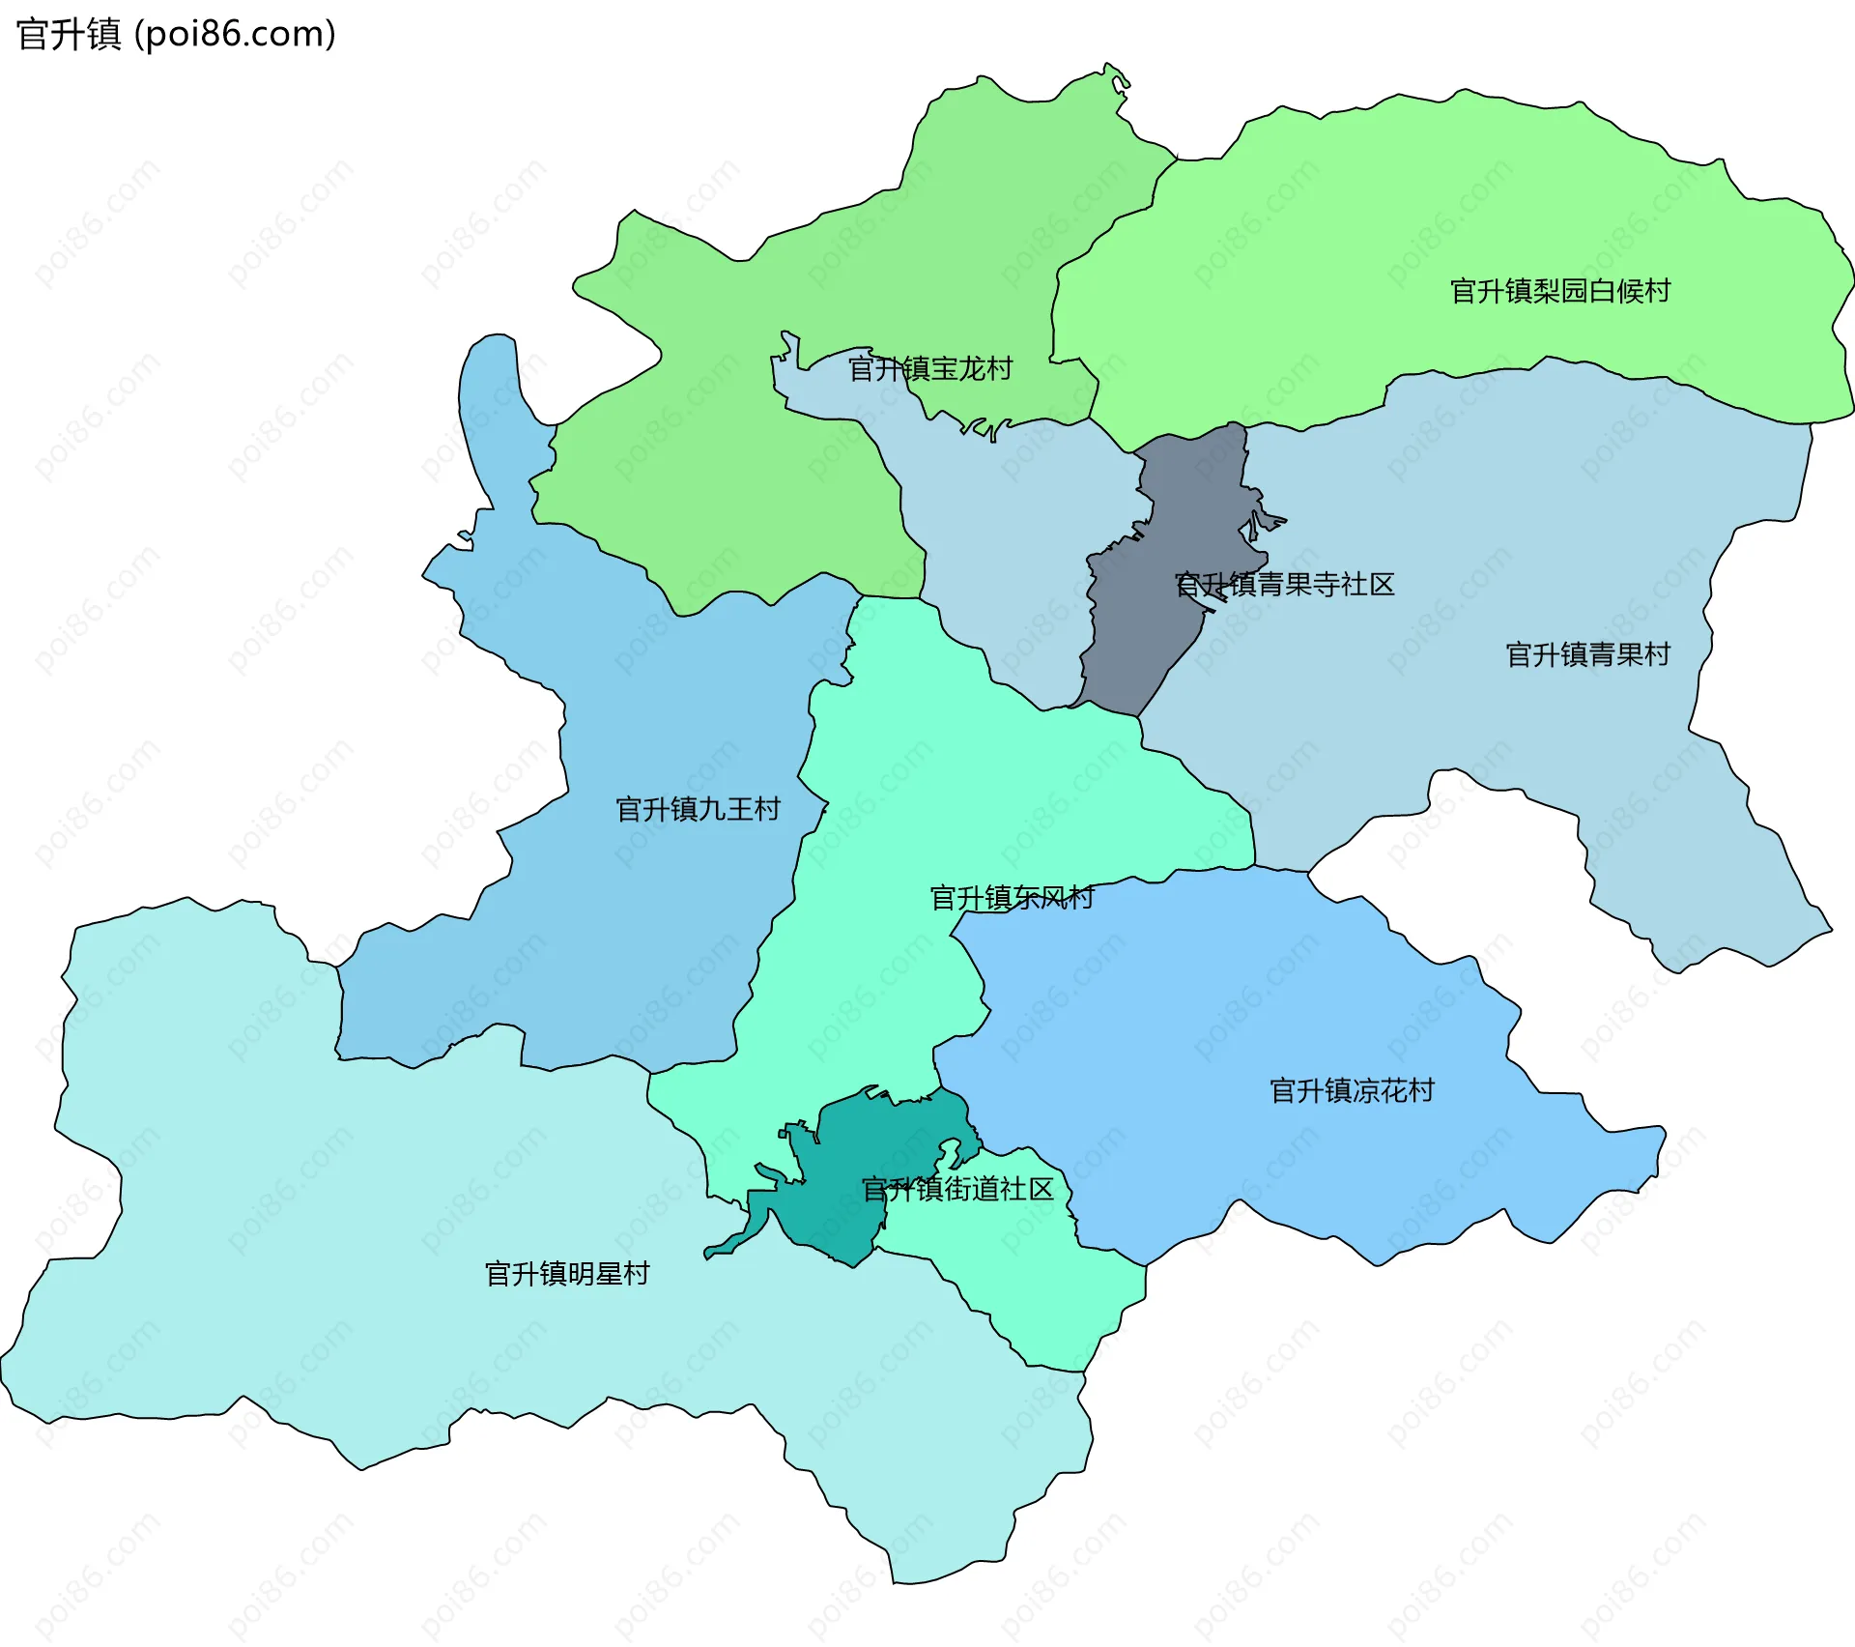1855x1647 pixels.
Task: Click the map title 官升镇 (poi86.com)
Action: pyautogui.click(x=176, y=35)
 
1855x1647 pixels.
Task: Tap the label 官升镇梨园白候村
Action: pyautogui.click(x=1559, y=291)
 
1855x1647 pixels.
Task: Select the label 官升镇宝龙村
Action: pyautogui.click(x=929, y=368)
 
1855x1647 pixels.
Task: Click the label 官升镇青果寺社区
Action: pyautogui.click(x=1284, y=584)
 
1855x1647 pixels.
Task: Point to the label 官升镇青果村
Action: pyautogui.click(x=1587, y=654)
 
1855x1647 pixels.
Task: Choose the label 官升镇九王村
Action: pyautogui.click(x=698, y=809)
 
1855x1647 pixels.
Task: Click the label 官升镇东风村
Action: pyautogui.click(x=1011, y=898)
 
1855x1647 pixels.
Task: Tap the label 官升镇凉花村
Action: pyautogui.click(x=1351, y=1090)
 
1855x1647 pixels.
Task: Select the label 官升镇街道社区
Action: pyautogui.click(x=956, y=1189)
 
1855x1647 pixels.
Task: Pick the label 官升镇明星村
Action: pyautogui.click(x=566, y=1274)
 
